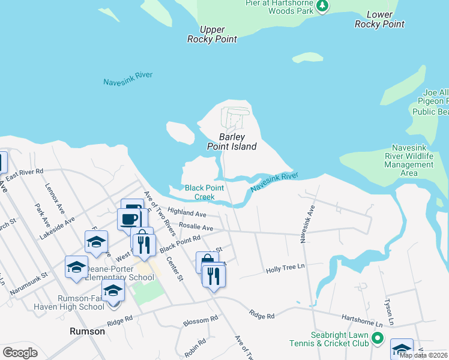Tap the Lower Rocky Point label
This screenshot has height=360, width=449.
[x=379, y=19]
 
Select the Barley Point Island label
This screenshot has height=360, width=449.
[x=232, y=142]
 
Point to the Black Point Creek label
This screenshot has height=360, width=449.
[x=204, y=192]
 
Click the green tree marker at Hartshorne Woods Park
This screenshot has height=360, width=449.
[x=323, y=6]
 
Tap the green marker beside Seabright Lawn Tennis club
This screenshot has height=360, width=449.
[x=378, y=338]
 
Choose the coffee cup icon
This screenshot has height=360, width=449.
[x=128, y=218]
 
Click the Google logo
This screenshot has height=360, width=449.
[x=20, y=352]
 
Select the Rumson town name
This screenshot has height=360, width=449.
[x=88, y=331]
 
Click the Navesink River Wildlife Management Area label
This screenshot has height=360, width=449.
[x=408, y=160]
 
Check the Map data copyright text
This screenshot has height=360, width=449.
[x=423, y=355]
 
